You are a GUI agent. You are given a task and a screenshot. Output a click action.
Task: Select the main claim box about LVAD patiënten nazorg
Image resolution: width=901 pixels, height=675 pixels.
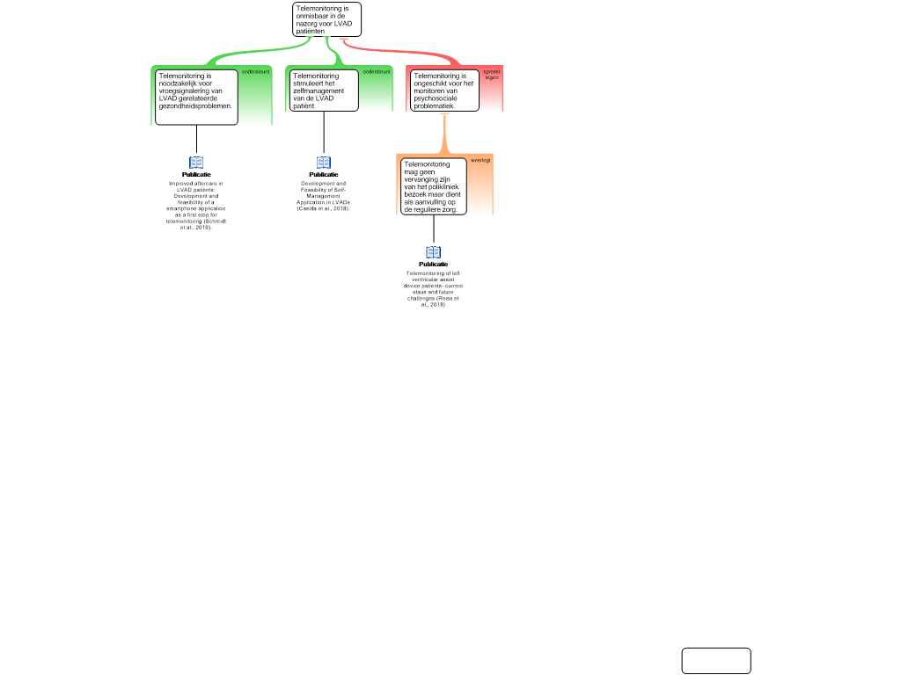point(326,19)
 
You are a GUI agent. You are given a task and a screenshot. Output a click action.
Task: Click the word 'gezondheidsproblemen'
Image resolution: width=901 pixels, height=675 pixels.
point(194,105)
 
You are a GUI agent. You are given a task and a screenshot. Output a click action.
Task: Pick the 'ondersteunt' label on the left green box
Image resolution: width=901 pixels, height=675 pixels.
point(255,71)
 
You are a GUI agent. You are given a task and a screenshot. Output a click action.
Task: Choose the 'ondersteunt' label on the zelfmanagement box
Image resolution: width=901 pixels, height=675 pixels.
point(376,71)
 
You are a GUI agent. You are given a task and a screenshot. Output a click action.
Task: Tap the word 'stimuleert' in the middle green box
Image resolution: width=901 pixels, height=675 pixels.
point(308,83)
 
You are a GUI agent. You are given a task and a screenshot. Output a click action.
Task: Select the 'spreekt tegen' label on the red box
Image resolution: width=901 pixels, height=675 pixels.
point(491,75)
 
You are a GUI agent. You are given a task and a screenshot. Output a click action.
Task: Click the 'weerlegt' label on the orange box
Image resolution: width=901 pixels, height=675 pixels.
point(480,160)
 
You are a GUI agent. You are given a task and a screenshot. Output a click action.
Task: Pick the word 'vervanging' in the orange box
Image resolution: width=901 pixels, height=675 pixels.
point(421,178)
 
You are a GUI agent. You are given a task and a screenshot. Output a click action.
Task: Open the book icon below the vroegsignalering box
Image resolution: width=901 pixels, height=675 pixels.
point(196,163)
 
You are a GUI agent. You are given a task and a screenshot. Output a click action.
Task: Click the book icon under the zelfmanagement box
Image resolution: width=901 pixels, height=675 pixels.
point(323,163)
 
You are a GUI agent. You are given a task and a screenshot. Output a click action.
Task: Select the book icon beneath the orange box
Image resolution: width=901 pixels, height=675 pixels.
point(433,252)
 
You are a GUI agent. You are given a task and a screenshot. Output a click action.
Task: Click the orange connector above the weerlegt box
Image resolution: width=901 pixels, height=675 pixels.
point(444,134)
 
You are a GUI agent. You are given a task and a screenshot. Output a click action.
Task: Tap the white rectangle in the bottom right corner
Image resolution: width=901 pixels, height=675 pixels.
point(716,661)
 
